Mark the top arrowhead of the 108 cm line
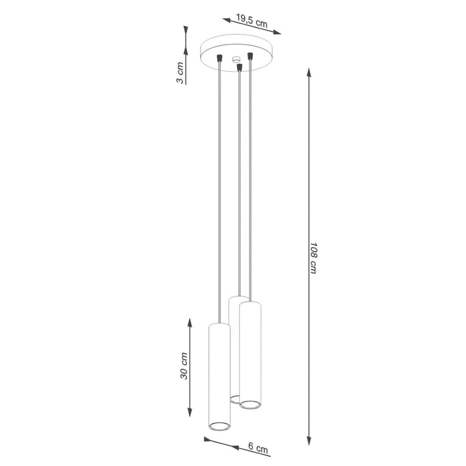pyautogui.click(x=308, y=70)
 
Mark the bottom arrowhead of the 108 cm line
pyautogui.click(x=308, y=441)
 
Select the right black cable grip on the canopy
pyautogui.click(x=250, y=55)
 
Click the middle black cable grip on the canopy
pyautogui.click(x=238, y=68)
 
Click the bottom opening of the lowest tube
pyautogui.click(x=220, y=425)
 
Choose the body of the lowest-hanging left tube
pyautogui.click(x=220, y=373)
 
